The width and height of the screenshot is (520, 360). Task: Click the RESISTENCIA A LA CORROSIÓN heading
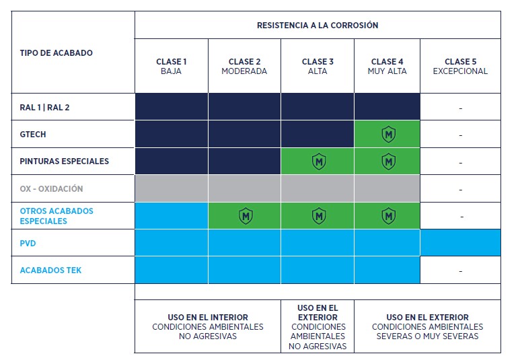(x=318, y=25)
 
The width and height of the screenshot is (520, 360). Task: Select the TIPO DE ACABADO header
(x=56, y=52)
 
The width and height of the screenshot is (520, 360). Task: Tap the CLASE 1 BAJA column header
(x=171, y=67)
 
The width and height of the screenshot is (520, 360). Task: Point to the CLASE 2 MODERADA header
(x=244, y=67)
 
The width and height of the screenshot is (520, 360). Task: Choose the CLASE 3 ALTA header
(x=318, y=67)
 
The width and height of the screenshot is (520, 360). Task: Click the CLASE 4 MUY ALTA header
(x=387, y=67)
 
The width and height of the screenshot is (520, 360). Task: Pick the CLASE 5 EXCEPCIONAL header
(x=460, y=67)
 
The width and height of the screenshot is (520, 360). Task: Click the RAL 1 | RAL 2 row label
(x=44, y=108)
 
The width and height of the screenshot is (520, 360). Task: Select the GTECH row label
(x=33, y=135)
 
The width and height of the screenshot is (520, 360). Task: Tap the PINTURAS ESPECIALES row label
(x=65, y=161)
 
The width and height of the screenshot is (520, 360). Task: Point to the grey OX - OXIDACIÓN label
(x=51, y=189)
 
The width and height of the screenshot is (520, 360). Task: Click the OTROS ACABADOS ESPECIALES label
(x=57, y=216)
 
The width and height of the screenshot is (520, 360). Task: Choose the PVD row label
(x=28, y=243)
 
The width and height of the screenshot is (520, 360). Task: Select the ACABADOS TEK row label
(x=50, y=270)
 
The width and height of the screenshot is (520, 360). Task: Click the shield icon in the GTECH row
(x=388, y=135)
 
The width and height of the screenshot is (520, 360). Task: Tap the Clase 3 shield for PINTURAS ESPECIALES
(x=319, y=161)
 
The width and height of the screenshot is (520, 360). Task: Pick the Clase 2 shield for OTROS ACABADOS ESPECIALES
(x=246, y=216)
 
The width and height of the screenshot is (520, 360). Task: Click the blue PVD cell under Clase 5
(x=460, y=242)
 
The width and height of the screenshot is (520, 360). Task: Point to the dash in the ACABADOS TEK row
(x=460, y=271)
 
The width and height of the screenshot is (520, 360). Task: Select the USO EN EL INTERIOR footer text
(x=208, y=327)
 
